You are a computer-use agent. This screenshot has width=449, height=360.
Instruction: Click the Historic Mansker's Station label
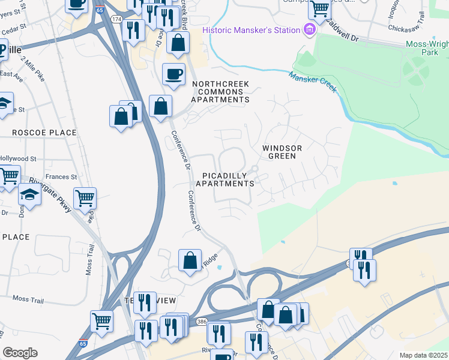[252, 30]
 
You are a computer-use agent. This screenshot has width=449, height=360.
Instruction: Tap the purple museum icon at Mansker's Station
[310, 29]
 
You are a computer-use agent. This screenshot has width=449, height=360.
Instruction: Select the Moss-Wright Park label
[426, 49]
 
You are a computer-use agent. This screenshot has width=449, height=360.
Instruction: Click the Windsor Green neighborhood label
[282, 151]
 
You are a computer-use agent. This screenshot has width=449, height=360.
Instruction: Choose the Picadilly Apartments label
[228, 179]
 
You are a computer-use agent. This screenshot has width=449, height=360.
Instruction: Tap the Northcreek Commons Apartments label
[220, 92]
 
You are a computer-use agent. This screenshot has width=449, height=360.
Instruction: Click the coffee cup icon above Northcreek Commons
[173, 74]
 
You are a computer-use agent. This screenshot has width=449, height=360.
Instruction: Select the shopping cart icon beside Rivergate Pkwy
[85, 197]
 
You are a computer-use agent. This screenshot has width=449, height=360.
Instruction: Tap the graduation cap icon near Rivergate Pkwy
[29, 195]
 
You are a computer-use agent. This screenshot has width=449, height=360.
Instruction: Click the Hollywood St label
[18, 158]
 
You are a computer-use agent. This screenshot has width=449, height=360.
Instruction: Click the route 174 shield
[116, 20]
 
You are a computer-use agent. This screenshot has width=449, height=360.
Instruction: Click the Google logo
[20, 353]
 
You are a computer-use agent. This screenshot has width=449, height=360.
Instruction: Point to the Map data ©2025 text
[423, 355]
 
